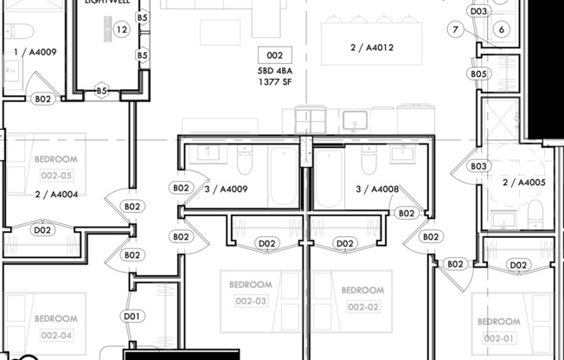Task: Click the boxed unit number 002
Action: (274, 55)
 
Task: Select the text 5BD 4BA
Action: (275, 71)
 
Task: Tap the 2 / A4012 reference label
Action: (371, 48)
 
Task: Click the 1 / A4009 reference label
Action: (35, 52)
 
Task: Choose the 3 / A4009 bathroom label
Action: (226, 189)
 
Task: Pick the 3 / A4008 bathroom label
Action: (377, 189)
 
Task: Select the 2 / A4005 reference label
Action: (523, 183)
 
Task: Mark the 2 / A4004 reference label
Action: (57, 195)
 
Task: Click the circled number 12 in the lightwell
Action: (121, 30)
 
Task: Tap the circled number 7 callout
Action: (455, 30)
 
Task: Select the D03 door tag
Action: (478, 11)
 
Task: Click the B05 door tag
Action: (478, 74)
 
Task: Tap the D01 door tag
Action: (132, 317)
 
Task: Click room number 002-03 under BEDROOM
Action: (250, 301)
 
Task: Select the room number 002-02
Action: (362, 307)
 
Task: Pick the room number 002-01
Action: (498, 337)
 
